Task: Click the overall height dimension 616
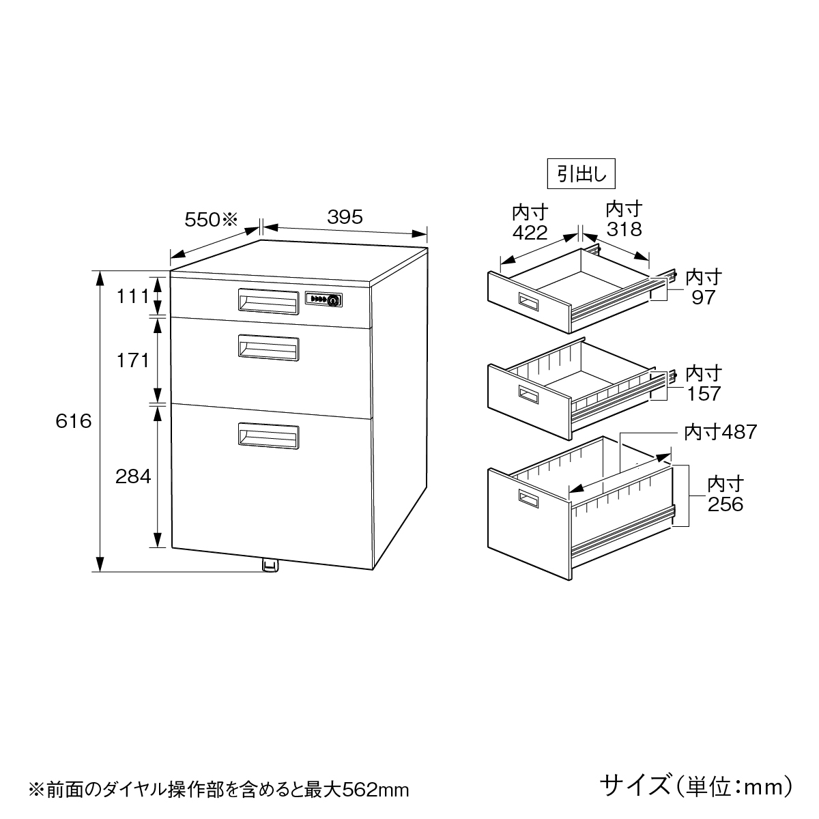74,421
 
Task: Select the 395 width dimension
345,217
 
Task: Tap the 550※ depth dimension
211,220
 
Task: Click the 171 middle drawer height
132,360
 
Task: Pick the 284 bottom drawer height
133,476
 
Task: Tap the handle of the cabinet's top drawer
269,302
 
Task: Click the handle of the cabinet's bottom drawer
269,435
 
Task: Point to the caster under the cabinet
270,566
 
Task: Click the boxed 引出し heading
581,173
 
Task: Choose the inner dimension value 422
530,233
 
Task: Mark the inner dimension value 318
624,229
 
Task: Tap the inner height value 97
704,298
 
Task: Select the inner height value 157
704,394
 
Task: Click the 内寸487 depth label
721,432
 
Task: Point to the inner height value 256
725,504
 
